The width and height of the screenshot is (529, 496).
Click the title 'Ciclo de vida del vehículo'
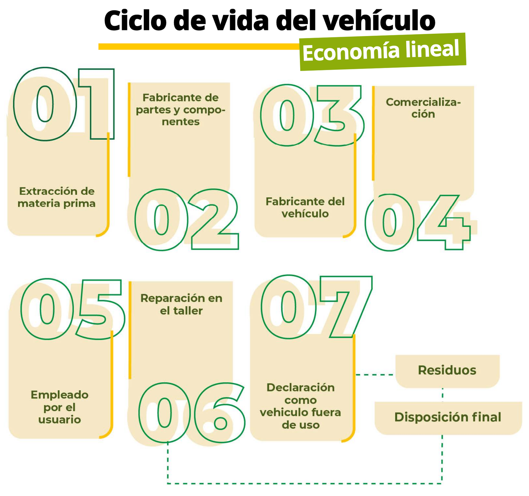[x=269, y=20]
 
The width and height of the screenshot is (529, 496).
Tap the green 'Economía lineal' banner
[x=383, y=52]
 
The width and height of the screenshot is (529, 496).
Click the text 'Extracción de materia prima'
[x=57, y=197]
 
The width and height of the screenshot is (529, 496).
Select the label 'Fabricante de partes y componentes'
[x=181, y=110]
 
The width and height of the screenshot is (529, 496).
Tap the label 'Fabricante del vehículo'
[x=305, y=208]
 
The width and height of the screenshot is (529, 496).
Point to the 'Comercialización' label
[x=423, y=108]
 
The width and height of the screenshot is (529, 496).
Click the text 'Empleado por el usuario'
[x=60, y=407]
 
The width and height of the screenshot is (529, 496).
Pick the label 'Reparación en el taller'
[x=181, y=304]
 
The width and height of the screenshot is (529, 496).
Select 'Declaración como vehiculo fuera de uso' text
[x=301, y=406]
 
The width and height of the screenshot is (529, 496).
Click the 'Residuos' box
[x=447, y=371]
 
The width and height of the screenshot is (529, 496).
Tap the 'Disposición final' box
[x=448, y=418]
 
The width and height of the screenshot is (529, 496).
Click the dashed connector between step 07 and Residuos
[x=375, y=374]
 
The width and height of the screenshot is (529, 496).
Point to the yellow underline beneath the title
[x=199, y=47]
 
